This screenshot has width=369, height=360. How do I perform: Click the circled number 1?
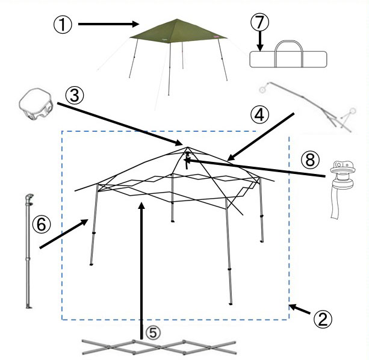click(63, 25)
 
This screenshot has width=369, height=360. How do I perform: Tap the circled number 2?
click(323, 320)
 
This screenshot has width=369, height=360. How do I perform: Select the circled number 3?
click(75, 96)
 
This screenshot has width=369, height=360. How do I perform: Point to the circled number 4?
click(259, 115)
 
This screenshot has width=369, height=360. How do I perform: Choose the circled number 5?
click(153, 333)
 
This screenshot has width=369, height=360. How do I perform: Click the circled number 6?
click(42, 224)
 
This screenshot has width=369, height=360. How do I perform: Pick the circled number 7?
click(260, 22)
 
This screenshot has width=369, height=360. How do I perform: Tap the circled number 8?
click(311, 160)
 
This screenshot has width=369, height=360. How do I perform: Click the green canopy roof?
click(178, 31)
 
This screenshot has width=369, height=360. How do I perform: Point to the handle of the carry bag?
click(289, 42)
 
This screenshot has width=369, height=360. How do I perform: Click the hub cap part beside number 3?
click(36, 104)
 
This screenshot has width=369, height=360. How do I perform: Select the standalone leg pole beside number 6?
click(28, 251)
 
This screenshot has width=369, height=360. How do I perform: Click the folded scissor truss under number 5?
click(159, 347)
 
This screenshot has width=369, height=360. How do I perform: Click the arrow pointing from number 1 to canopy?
click(109, 24)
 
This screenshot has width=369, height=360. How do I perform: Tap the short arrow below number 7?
click(260, 42)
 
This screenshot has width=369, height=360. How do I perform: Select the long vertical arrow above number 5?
click(141, 271)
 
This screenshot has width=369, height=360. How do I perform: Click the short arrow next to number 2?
click(300, 309)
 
